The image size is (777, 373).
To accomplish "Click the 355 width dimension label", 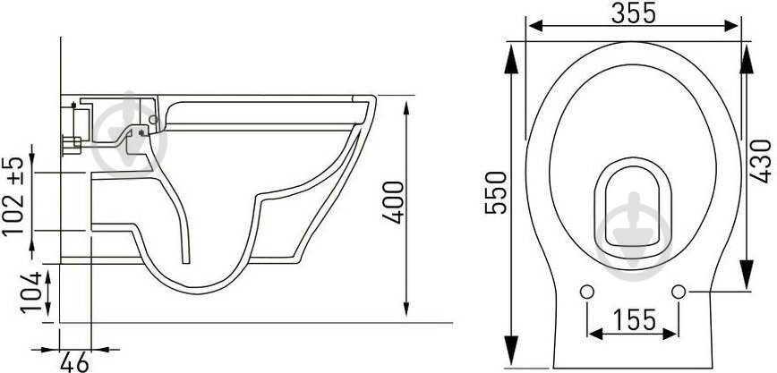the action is coord(633,13).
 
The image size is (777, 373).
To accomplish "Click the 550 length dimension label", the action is coord(496,192).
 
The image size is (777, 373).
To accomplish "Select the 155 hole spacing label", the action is coord(635,319).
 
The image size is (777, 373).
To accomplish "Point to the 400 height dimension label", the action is coord(394,202).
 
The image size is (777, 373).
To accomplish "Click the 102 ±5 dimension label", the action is coord(13,196).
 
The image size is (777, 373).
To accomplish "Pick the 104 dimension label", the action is coord(31,292).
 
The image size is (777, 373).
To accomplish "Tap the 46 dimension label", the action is coord(74,362).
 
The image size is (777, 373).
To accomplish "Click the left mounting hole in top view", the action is coord(586,292).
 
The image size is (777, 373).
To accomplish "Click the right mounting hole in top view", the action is coord(679,292).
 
